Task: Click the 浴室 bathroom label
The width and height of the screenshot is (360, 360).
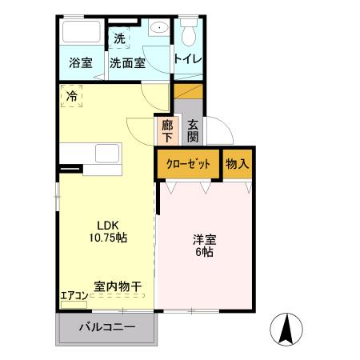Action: click(80, 62)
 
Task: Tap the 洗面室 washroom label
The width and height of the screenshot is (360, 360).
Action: click(127, 62)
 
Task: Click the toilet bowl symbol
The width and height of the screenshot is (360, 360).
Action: click(189, 34)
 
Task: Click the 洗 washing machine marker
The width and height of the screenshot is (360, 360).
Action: click(119, 38)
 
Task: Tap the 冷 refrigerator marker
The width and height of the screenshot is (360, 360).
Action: click(72, 97)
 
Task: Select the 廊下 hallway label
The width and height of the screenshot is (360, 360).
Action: click(166, 130)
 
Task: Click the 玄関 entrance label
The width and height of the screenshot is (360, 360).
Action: click(193, 130)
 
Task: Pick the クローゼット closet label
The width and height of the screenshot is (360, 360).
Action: click(188, 165)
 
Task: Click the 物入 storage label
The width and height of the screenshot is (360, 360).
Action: click(238, 164)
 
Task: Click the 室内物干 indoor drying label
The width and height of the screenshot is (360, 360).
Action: click(118, 286)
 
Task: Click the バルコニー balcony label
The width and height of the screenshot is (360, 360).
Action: click(106, 327)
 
